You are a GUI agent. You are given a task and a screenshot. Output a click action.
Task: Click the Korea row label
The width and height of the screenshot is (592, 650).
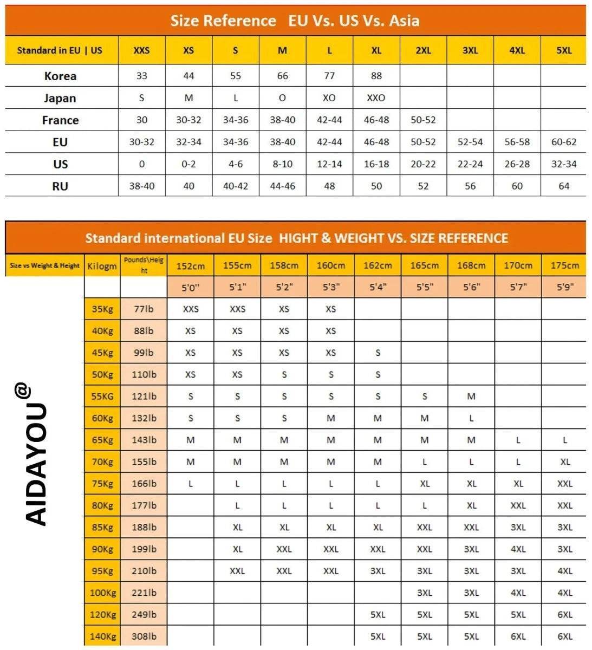click(60, 76)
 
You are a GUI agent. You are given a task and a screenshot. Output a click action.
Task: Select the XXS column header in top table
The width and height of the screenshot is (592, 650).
click(141, 50)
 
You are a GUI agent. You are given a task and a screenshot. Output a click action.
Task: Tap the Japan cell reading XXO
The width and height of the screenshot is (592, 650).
click(376, 98)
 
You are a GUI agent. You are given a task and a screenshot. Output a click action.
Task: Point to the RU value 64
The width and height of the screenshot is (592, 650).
click(564, 186)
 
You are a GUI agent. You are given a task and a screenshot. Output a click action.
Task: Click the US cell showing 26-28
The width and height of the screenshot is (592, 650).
click(517, 164)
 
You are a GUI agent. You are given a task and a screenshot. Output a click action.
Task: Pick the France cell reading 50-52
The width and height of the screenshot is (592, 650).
click(423, 120)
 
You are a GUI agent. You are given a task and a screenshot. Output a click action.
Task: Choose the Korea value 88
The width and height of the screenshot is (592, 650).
click(376, 76)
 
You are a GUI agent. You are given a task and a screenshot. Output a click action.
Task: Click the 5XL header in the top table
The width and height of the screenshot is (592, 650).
click(564, 50)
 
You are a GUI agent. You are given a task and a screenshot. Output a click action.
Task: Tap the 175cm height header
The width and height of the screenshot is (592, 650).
click(564, 265)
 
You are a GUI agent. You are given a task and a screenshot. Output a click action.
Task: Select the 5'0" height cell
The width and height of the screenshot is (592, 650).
click(190, 288)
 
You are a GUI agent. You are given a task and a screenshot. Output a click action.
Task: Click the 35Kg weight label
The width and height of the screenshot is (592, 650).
click(102, 309)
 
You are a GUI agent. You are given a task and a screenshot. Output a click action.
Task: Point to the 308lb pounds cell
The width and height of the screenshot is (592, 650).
click(144, 636)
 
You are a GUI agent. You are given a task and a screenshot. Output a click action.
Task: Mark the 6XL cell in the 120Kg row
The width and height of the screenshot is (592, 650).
click(564, 615)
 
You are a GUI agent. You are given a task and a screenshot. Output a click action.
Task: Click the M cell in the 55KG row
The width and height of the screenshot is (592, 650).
click(471, 396)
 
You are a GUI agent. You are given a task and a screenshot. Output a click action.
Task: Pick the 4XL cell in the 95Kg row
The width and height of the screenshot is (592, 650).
click(564, 571)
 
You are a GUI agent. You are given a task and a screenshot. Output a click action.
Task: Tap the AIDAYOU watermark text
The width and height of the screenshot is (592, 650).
click(37, 460)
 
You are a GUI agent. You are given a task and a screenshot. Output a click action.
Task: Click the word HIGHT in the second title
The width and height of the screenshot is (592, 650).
click(302, 238)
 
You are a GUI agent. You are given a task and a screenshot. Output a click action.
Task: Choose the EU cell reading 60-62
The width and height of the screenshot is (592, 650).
click(564, 142)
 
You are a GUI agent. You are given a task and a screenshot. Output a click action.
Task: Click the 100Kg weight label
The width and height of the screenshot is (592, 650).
click(102, 593)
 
